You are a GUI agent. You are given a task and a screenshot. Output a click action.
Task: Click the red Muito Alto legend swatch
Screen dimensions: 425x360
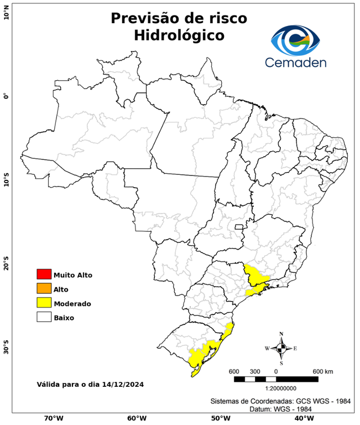(x=44, y=274)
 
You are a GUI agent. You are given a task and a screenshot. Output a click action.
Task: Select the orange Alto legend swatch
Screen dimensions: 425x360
(x=44, y=288)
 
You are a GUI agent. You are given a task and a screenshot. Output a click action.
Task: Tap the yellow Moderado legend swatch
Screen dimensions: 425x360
(x=44, y=303)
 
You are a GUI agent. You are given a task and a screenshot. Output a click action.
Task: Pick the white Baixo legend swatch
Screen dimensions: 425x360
(x=44, y=317)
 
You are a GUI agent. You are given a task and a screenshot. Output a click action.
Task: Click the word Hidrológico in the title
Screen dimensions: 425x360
(x=179, y=35)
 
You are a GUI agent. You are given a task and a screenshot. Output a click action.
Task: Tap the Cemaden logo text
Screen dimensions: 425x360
(x=295, y=62)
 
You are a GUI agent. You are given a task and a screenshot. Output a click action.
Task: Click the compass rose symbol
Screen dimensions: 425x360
(x=281, y=348)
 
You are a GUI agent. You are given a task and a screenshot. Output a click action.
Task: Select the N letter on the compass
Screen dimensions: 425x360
(x=281, y=334)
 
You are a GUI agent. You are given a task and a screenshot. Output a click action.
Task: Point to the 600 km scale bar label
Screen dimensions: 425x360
(x=322, y=371)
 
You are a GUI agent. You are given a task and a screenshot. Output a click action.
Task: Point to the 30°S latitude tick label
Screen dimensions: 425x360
(x=6, y=350)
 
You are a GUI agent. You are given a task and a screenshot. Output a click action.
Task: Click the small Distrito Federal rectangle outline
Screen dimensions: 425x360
(x=239, y=226)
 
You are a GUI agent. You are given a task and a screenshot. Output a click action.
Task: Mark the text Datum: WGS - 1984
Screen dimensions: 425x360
(x=276, y=408)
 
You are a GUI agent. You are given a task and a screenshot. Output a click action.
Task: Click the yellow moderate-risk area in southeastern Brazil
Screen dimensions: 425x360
(x=255, y=277)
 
